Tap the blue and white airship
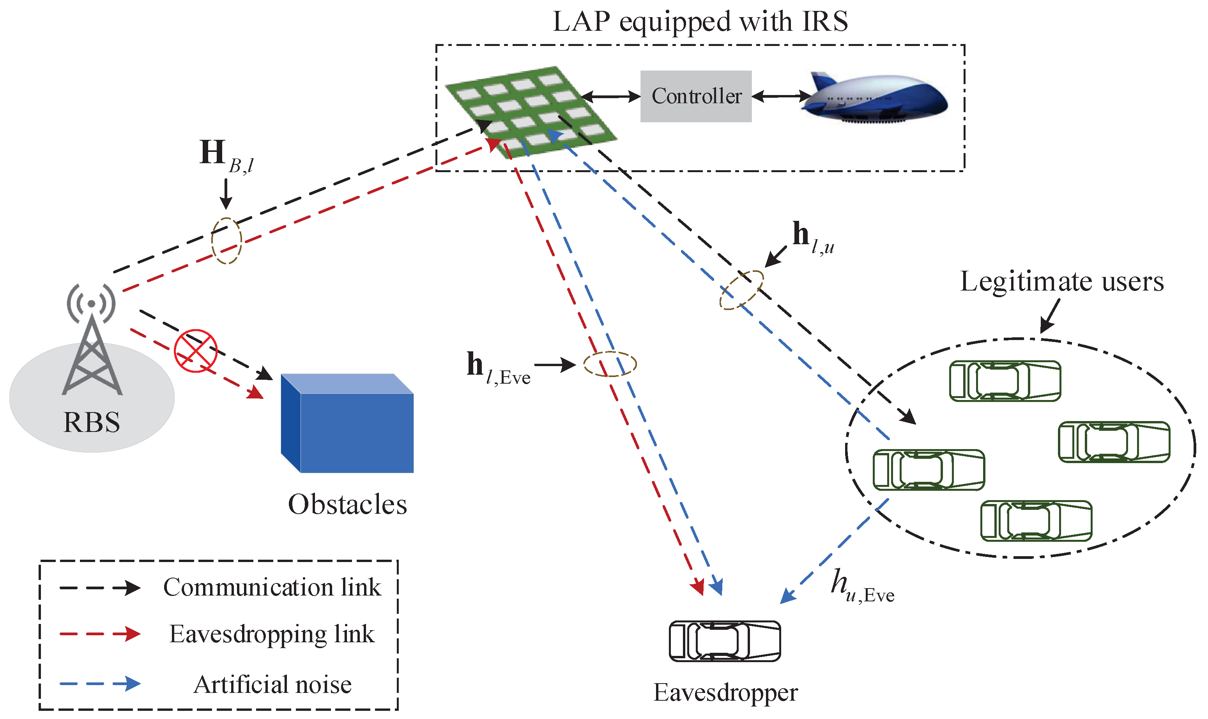point(875,97)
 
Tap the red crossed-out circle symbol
point(195,351)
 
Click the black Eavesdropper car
point(725,641)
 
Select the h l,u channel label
point(812,238)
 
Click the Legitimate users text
point(1061,282)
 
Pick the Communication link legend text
point(272,587)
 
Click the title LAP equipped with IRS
point(700,22)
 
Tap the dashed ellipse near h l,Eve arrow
point(609,364)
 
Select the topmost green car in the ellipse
point(1005,381)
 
